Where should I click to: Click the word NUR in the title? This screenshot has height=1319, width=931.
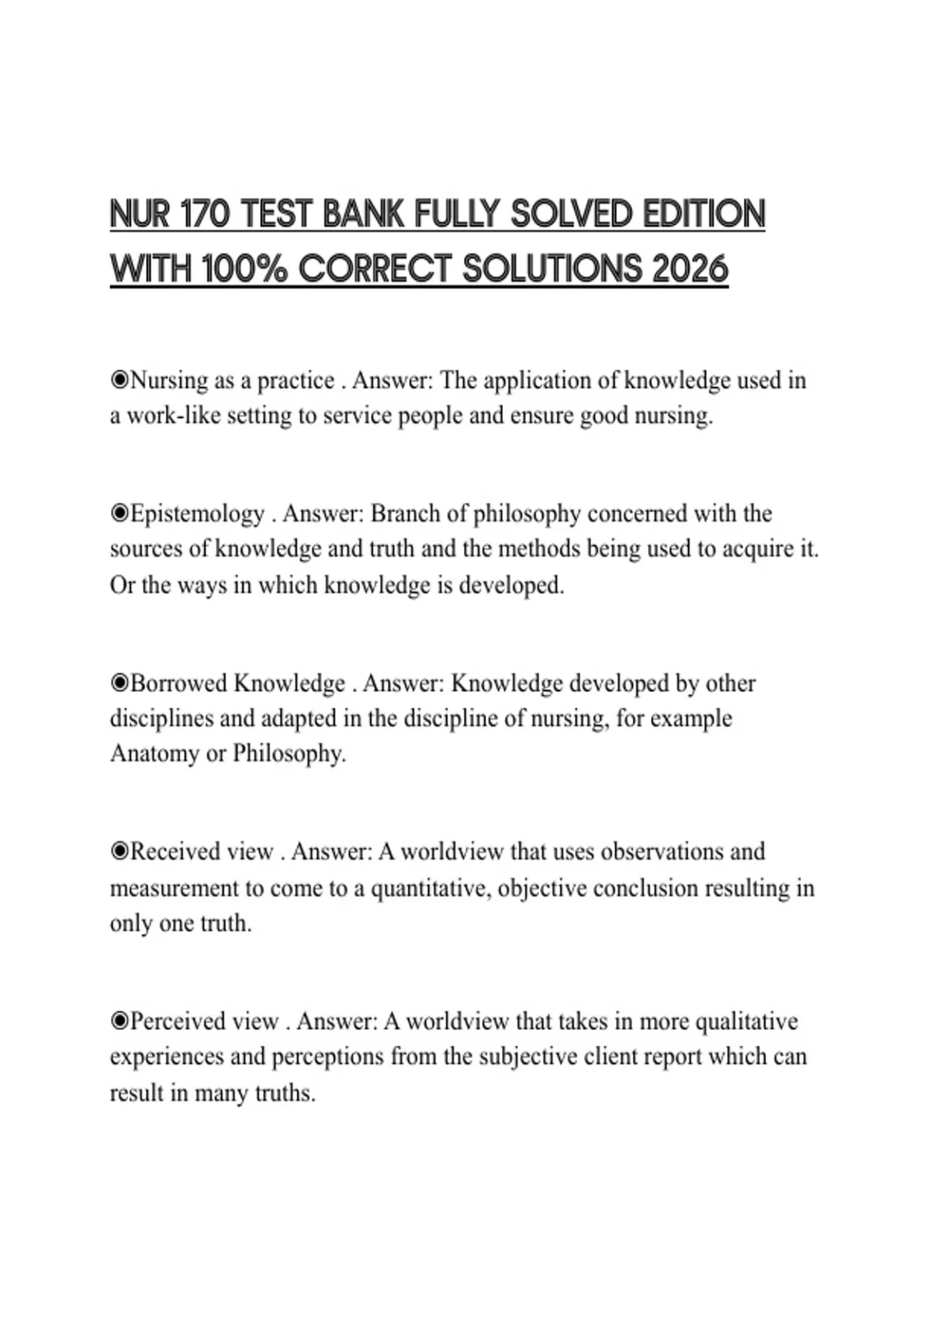pyautogui.click(x=140, y=214)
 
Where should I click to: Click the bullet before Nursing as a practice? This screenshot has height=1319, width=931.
pyautogui.click(x=119, y=380)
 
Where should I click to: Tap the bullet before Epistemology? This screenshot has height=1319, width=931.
pyautogui.click(x=119, y=514)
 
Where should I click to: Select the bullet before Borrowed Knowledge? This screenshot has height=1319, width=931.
pyautogui.click(x=119, y=684)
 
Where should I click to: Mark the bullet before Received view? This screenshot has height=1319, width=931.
pyautogui.click(x=119, y=852)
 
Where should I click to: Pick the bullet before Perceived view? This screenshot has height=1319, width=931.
pyautogui.click(x=119, y=1021)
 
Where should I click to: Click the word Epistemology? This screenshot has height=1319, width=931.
pyautogui.click(x=198, y=514)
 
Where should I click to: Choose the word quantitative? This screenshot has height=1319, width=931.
pyautogui.click(x=430, y=888)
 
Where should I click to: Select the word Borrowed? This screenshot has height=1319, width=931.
pyautogui.click(x=179, y=684)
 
